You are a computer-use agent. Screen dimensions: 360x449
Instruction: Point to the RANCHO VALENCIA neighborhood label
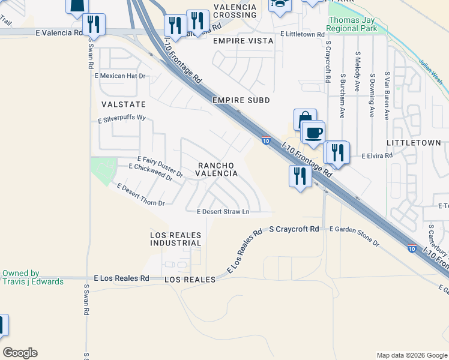tap(214, 169)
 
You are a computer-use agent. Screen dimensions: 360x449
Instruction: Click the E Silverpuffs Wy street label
tap(122, 119)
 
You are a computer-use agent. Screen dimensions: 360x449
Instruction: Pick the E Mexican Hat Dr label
tap(120, 76)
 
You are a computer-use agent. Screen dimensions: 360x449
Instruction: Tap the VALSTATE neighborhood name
tap(124, 104)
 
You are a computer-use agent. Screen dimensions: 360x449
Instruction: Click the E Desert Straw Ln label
tap(223, 211)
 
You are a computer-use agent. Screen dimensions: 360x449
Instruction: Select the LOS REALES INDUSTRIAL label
tap(175, 238)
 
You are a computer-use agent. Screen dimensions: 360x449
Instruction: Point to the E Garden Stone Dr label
tap(354, 236)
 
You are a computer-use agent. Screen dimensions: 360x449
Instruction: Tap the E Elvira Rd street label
tap(376, 155)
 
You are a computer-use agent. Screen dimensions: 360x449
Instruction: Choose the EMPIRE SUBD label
tap(241, 100)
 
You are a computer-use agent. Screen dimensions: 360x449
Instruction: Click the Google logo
tap(20, 353)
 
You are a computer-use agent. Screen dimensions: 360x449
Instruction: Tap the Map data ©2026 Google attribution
tap(411, 355)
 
